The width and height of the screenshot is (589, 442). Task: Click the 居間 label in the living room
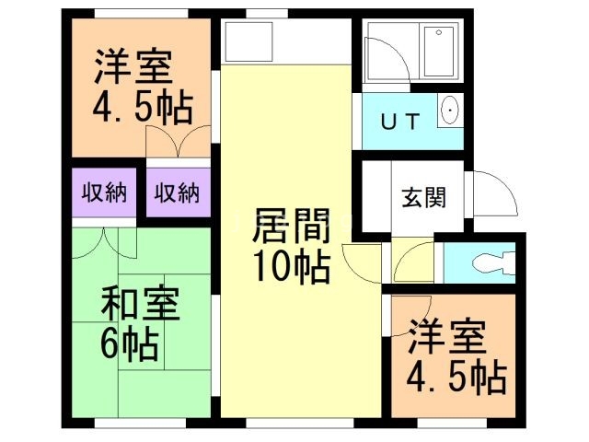click(x=291, y=226)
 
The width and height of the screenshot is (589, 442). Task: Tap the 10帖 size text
click(x=291, y=267)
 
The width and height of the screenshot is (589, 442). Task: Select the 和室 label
click(x=140, y=304)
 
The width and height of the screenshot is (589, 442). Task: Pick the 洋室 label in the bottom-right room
click(x=446, y=336)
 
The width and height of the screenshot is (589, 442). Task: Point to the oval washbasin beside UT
click(x=449, y=111)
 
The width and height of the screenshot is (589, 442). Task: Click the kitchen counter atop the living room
click(x=248, y=42)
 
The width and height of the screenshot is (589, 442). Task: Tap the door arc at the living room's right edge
click(x=360, y=261)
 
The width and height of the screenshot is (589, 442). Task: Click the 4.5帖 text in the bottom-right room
click(x=456, y=377)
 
